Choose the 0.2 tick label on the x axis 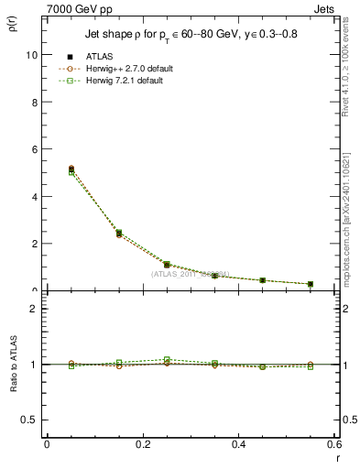point(142,444)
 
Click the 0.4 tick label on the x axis point(238,444)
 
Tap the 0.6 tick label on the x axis point(333,444)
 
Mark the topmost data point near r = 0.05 point(47,169)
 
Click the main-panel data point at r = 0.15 point(119,234)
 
